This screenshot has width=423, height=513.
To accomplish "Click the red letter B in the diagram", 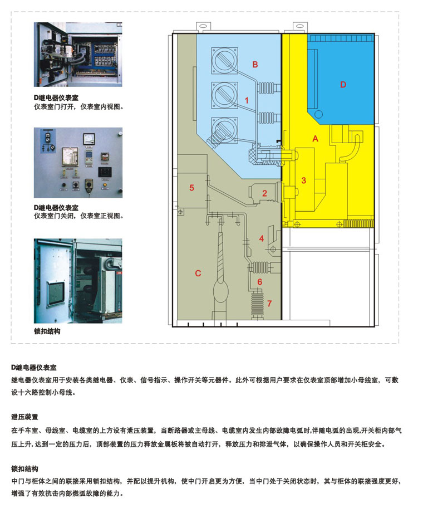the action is (x=255, y=65).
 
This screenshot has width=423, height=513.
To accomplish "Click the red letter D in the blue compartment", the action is (x=343, y=85).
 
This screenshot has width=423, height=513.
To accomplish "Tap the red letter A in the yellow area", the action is (x=315, y=139).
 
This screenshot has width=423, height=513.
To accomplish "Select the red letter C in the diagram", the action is (x=198, y=273).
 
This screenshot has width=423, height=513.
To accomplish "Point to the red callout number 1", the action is (x=247, y=100).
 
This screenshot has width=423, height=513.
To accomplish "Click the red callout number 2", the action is (x=264, y=193).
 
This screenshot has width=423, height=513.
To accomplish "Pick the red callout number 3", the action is (x=304, y=180).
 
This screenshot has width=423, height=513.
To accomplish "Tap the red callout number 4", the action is (x=262, y=238).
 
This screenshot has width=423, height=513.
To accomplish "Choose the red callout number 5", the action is (x=191, y=188).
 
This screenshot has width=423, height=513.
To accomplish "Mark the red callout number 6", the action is (x=259, y=282).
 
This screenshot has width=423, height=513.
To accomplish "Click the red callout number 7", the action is (x=269, y=304).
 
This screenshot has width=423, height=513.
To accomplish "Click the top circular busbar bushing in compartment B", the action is (x=224, y=61).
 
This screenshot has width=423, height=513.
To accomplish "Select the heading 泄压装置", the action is (x=24, y=417).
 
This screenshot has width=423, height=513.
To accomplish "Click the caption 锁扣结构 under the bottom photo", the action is (x=47, y=331).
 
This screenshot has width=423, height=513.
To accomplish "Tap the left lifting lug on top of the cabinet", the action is (x=203, y=26).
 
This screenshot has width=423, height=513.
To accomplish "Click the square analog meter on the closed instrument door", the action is (x=89, y=139).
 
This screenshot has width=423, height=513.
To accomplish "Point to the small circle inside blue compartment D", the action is (x=318, y=114).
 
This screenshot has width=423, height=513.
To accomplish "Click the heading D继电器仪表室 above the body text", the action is (x=34, y=368).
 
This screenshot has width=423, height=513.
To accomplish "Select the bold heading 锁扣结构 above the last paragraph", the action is (x=24, y=468).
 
